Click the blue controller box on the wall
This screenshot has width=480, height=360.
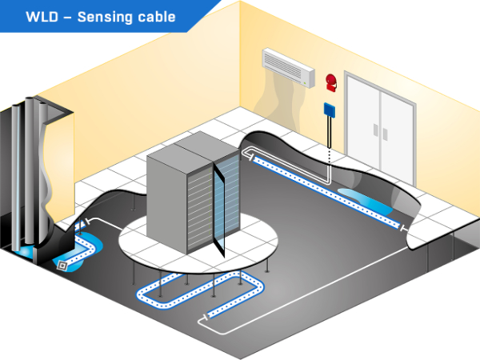pyautogui.click(x=327, y=110)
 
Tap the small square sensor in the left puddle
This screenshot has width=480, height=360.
pyautogui.click(x=63, y=262)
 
